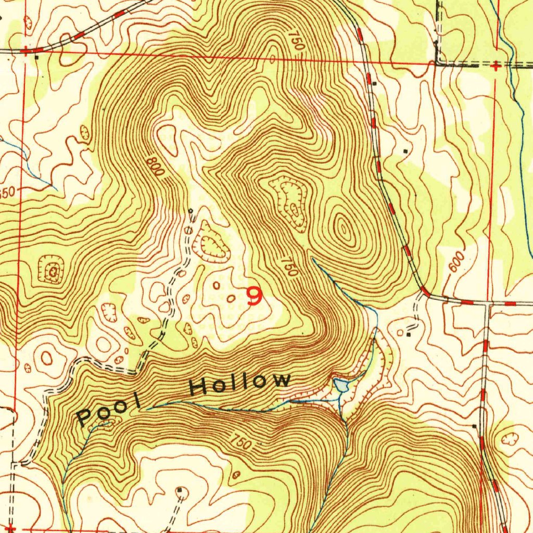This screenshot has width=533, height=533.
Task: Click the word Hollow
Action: [x=240, y=384]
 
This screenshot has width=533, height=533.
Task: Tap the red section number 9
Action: [x=255, y=296]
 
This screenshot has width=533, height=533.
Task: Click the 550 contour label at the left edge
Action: [x=7, y=193]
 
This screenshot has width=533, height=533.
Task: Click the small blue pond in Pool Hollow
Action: [x=340, y=385]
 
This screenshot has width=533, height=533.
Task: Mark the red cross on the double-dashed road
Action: [x=497, y=66]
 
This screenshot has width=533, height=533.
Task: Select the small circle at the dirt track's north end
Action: [x=191, y=211]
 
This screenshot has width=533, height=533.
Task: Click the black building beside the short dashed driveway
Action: [x=408, y=335]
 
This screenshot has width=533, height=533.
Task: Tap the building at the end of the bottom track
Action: [x=180, y=490]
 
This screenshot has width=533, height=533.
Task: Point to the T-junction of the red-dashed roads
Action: [x=486, y=303]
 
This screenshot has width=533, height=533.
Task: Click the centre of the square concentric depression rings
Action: [x=53, y=271]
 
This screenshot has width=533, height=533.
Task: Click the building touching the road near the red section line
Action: [x=374, y=83]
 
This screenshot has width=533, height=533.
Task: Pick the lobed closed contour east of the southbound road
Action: [x=509, y=439]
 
